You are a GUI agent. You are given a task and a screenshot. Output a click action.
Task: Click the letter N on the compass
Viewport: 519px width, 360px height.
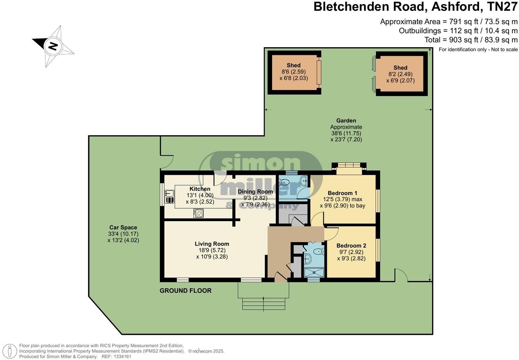pos(53,46)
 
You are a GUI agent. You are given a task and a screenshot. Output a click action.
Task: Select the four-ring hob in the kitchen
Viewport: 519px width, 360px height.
pos(198,213)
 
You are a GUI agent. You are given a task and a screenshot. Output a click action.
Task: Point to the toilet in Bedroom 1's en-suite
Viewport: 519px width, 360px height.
pos(284,182)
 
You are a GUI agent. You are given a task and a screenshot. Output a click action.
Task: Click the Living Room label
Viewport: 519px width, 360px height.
pos(212,244)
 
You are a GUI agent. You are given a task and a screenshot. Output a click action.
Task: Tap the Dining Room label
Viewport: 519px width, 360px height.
pos(255,192)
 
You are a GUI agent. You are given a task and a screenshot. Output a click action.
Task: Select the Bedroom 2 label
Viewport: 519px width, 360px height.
pos(351,246)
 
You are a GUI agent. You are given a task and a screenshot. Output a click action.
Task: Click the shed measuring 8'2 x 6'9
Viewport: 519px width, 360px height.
pos(400,74)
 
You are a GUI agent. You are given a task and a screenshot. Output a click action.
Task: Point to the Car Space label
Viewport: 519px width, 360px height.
pos(123,227)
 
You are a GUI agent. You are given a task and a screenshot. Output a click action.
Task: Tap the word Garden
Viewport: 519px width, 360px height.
pos(346,121)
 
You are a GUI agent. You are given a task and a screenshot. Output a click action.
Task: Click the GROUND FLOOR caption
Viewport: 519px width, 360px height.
pos(186,291)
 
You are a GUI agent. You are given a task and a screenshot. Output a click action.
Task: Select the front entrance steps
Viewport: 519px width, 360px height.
pos(263,304)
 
